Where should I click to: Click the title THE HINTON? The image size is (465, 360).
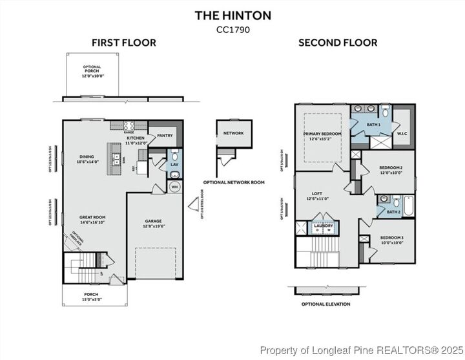[x=233, y=16]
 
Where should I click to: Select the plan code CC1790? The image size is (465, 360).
[x=233, y=28]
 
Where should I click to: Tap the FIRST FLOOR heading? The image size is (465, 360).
[x=123, y=43]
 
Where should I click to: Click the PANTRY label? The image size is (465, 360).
[x=165, y=136]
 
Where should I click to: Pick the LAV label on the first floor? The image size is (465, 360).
[x=174, y=165]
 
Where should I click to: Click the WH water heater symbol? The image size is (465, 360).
[x=174, y=187]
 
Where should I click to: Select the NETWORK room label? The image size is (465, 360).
[x=233, y=133]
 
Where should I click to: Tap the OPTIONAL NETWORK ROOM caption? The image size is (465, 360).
[x=234, y=182]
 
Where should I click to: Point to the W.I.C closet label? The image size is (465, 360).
[x=401, y=134]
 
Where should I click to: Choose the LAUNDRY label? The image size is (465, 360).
[x=323, y=226]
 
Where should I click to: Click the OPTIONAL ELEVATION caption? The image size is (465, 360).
[x=325, y=304]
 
